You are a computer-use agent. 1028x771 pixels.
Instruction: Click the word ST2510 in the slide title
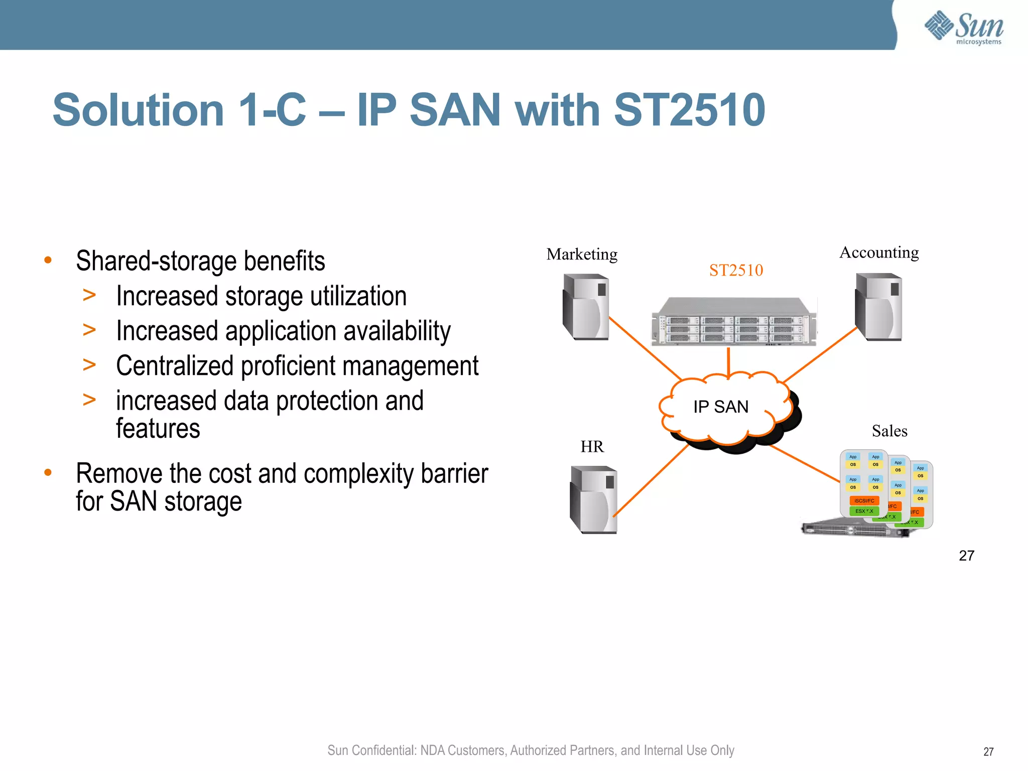point(689,110)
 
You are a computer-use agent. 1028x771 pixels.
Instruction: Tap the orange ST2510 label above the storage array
point(736,271)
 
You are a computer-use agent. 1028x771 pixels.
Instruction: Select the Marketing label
point(582,254)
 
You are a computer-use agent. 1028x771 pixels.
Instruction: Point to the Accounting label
point(879,252)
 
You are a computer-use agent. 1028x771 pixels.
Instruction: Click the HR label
point(592,447)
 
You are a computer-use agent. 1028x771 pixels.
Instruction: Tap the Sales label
point(889,431)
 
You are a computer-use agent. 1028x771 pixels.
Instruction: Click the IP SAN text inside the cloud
point(721,407)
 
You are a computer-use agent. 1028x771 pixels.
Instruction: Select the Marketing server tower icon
point(586,307)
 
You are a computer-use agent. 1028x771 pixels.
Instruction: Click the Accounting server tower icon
point(879,307)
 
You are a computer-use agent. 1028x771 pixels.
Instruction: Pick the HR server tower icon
point(593,499)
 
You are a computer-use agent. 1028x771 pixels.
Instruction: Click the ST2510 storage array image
point(734,322)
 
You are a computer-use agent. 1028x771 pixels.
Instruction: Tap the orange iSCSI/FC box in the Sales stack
point(864,500)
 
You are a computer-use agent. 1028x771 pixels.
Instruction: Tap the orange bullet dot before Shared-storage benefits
point(48,260)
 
